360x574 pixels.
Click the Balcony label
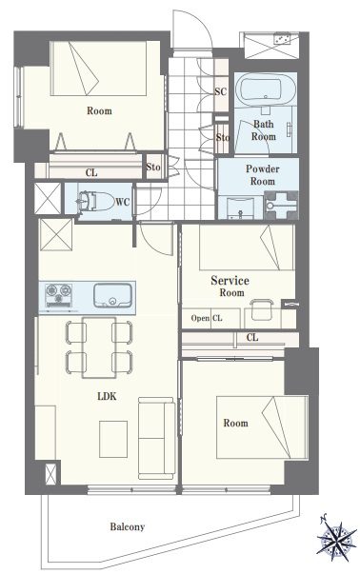[x=128, y=526]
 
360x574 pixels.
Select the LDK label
[x=107, y=396]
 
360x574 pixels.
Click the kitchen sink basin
[x=112, y=295]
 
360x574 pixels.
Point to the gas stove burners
[x=59, y=295]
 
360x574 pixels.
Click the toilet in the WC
[x=95, y=202]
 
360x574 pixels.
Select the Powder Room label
[x=262, y=175]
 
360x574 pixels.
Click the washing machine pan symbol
[x=281, y=206]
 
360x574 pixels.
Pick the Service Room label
[x=230, y=286]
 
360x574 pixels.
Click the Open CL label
[x=207, y=318]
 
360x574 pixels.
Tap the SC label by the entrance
[x=220, y=91]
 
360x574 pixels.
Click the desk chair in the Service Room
[x=262, y=309]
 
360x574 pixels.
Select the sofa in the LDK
[x=156, y=438]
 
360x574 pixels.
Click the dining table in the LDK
[x=99, y=347]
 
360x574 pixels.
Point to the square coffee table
[x=113, y=439]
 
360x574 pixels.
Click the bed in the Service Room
[x=247, y=247]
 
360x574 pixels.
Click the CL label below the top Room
[x=91, y=172]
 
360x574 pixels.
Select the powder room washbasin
[x=240, y=208]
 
